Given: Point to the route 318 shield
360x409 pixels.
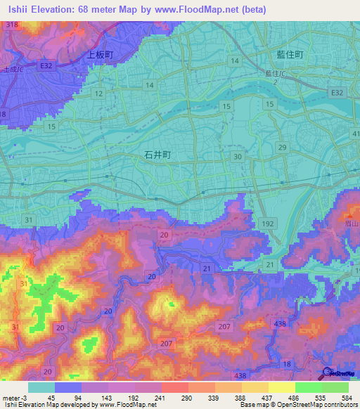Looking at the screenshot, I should (x=11, y=25).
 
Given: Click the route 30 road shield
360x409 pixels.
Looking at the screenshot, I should (x=238, y=157).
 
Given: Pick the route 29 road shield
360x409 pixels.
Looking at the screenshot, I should (x=282, y=146).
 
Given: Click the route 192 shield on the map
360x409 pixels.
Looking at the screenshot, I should (x=268, y=222).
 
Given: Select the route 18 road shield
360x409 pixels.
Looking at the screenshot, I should (x=286, y=363).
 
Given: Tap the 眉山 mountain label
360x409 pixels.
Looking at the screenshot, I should (x=351, y=221).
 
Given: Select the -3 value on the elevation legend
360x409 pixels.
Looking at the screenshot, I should (x=26, y=397).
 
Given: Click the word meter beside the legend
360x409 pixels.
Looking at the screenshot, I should (x=11, y=397).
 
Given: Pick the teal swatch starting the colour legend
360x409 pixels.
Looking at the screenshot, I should (x=41, y=387).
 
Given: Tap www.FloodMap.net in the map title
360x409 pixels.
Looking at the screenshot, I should (x=212, y=10).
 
